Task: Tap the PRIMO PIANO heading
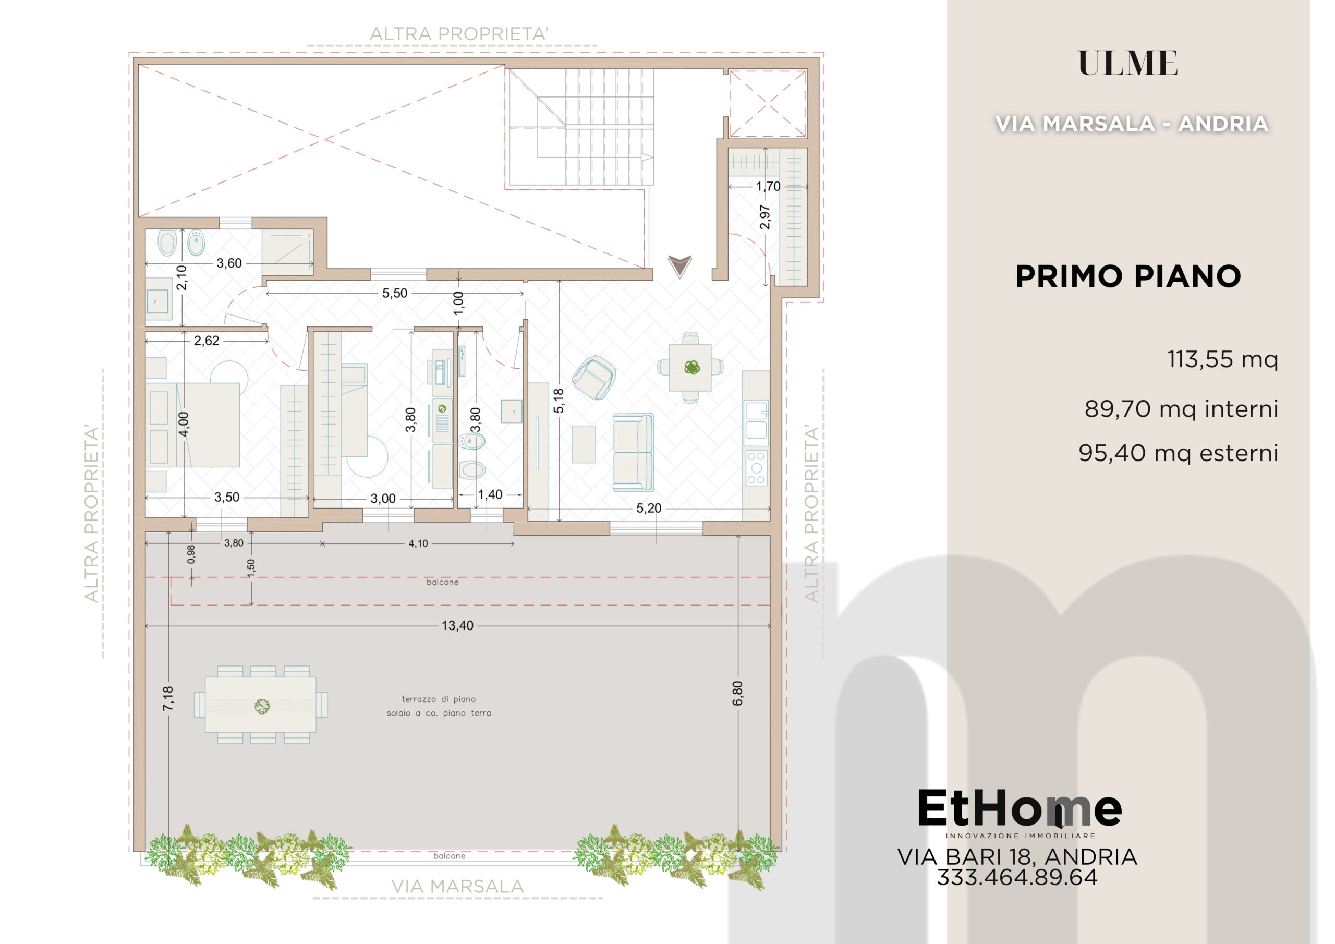(1128, 276)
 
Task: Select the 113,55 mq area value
(1223, 359)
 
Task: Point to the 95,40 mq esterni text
(1178, 453)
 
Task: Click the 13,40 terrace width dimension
(457, 626)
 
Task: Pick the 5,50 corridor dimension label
(395, 293)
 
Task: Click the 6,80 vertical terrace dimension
(738, 693)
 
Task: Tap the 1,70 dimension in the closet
(768, 186)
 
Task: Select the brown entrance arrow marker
(679, 267)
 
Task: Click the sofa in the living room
(633, 452)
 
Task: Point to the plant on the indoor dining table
(692, 367)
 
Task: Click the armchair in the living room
(593, 378)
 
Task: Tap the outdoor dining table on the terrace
(261, 705)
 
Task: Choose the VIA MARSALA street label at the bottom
(457, 887)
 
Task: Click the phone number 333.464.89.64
(1017, 877)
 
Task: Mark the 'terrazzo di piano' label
(439, 699)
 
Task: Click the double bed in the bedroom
(192, 425)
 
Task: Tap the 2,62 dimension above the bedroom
(207, 340)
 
